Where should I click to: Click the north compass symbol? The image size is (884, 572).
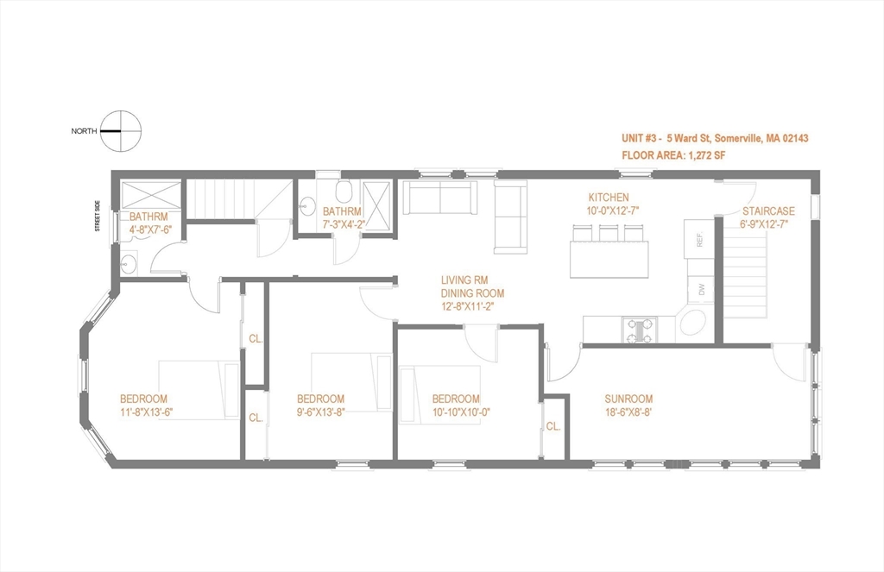[x=120, y=131]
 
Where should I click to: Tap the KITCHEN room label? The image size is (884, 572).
[x=609, y=198]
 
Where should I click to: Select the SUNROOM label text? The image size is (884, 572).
[x=628, y=399]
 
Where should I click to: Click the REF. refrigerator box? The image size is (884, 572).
[x=698, y=236]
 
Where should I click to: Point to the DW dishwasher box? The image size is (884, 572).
[x=701, y=289]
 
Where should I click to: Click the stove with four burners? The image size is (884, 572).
[x=640, y=330]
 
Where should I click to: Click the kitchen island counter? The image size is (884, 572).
[x=609, y=259]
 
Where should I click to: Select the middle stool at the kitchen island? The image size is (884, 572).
[x=609, y=232]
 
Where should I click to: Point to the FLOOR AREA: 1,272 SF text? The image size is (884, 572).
[x=672, y=156]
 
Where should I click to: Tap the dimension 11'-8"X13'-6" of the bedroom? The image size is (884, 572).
[x=143, y=412]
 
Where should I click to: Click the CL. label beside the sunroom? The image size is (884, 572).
[x=553, y=426]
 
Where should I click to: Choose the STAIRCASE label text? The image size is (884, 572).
[x=768, y=211]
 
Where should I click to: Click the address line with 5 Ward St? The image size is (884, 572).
[x=714, y=138]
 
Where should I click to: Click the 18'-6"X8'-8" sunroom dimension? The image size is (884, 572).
[x=628, y=412]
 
